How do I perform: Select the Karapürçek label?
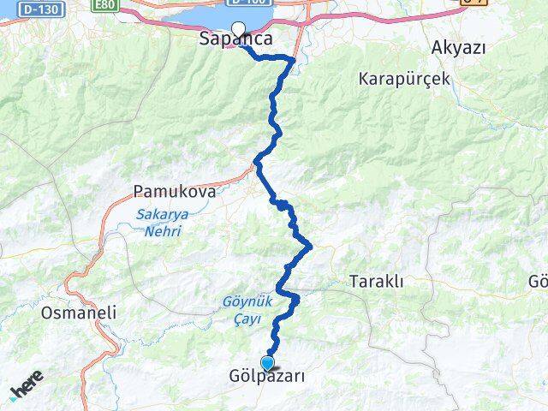tap(404, 79)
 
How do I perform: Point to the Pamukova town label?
tap(174, 191)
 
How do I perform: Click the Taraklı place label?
tap(376, 281)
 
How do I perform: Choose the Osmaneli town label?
tap(78, 313)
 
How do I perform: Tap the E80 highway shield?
tap(104, 4)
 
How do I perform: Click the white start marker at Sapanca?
tap(238, 27)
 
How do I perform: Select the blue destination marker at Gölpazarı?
tap(268, 363)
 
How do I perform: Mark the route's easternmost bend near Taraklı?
tap(310, 247)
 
